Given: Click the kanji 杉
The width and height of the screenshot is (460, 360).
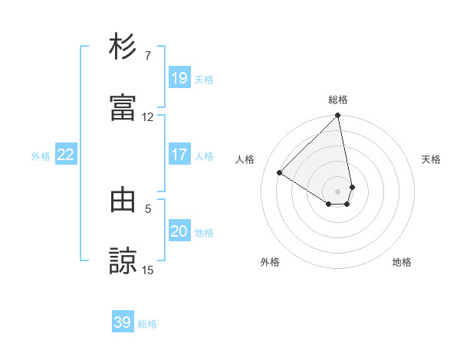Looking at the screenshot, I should [123, 47].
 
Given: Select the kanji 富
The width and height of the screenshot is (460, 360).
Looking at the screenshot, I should [123, 106].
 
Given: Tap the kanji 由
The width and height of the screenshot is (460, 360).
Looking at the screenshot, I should [123, 199].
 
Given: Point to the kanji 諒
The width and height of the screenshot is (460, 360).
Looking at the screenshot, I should [123, 260].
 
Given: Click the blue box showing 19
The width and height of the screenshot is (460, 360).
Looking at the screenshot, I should [179, 77].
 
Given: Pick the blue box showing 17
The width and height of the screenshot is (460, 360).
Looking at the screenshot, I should [179, 155].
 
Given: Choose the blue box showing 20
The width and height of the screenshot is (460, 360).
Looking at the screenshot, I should [179, 231].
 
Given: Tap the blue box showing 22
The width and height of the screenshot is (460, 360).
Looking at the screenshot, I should [66, 155].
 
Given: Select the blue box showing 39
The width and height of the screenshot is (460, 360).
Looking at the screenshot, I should [123, 322].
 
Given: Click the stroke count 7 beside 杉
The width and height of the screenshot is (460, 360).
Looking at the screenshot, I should [147, 56].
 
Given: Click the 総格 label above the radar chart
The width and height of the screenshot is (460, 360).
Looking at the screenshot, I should [338, 100].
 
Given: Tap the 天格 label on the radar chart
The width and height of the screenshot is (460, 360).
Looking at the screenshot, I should [432, 159].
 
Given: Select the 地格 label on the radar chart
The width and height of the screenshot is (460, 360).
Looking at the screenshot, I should [402, 262].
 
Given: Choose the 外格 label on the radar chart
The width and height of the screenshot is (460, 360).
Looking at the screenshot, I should [270, 262].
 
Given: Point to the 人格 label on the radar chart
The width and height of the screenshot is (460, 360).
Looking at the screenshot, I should [245, 159].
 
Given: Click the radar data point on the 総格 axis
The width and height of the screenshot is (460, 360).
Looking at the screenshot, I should [338, 116].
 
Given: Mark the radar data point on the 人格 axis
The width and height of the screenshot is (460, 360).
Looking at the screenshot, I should [280, 173].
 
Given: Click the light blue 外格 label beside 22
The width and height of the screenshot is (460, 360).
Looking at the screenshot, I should [41, 155].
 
